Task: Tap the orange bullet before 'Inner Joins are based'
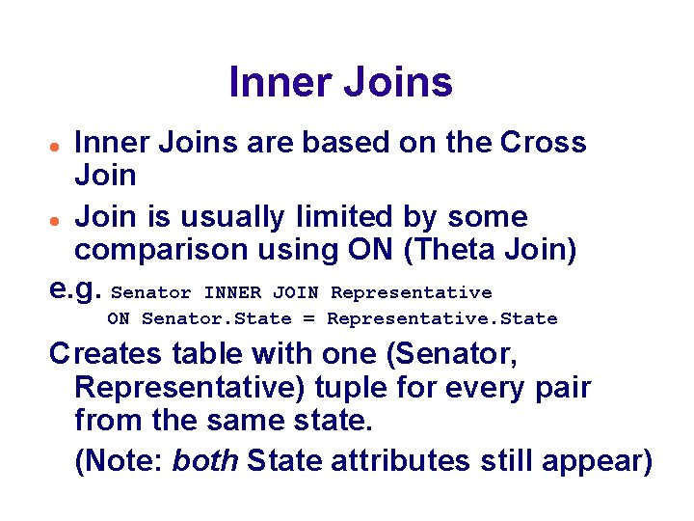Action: click(x=57, y=144)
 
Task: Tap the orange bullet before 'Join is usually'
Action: click(x=57, y=218)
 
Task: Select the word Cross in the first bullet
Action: click(x=544, y=143)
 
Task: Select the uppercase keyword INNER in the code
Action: click(x=232, y=292)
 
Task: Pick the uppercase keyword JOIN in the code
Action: click(x=296, y=292)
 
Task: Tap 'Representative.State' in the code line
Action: click(x=441, y=318)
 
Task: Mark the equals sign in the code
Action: click(x=313, y=318)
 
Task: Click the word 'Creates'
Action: click(x=106, y=354)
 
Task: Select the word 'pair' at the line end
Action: click(x=563, y=388)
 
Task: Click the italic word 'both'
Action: click(x=205, y=461)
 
